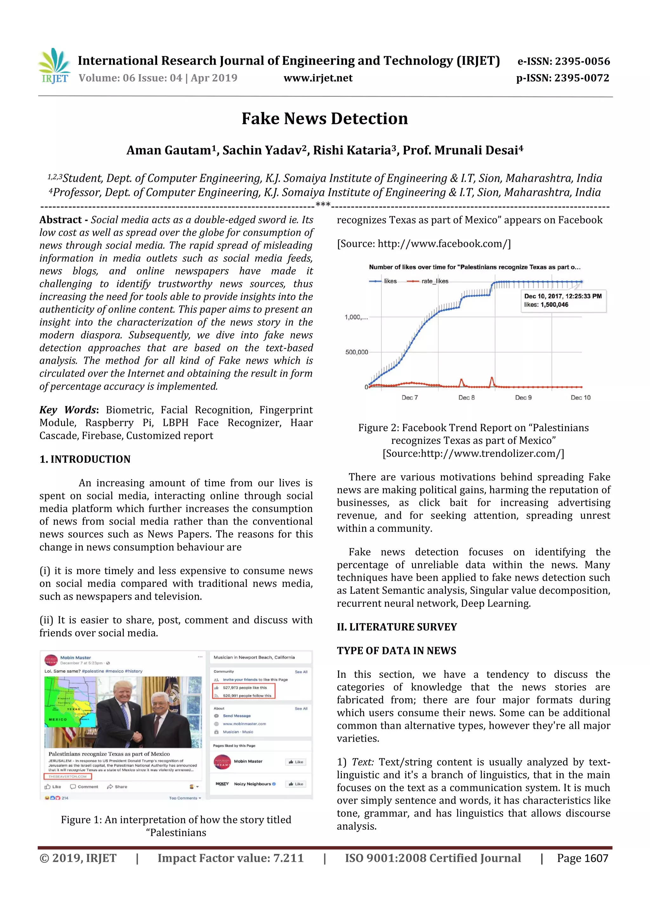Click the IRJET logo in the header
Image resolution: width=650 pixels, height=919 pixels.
point(55,66)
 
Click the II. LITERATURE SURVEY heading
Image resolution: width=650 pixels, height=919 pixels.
point(397,627)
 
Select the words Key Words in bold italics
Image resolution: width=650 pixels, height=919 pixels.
point(68,410)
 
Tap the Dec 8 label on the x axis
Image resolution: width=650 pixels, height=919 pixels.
point(466,397)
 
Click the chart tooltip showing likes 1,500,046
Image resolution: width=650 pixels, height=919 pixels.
point(563,300)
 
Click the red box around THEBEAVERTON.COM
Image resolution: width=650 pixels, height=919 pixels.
point(68,776)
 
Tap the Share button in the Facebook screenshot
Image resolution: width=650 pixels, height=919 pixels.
point(117,787)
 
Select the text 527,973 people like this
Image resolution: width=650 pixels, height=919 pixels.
point(245,688)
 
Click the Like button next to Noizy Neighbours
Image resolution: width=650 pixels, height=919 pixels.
point(296,784)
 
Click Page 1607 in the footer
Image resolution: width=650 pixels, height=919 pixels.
point(582,858)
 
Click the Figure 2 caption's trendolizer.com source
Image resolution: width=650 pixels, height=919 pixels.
point(473,453)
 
